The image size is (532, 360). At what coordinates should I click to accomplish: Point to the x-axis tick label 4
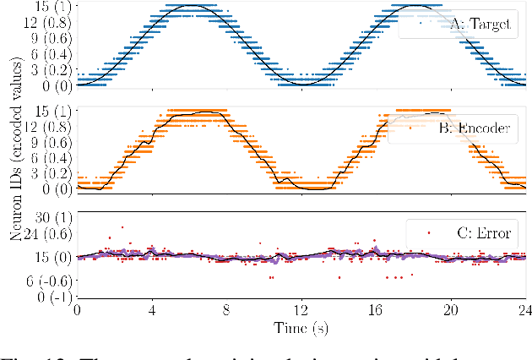152,309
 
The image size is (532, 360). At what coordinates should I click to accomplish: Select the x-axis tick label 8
226,309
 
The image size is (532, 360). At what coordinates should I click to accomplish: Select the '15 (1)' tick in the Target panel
51,6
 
